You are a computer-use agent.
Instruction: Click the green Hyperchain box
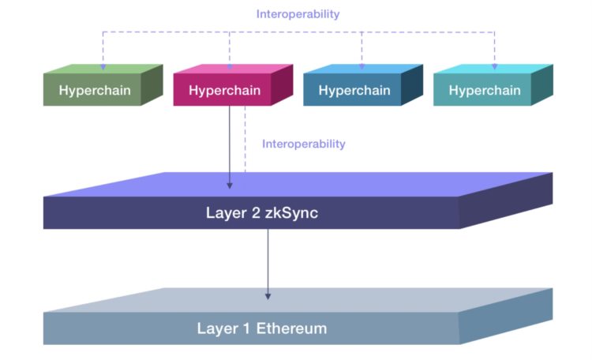(96, 90)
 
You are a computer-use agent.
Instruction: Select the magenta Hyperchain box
(224, 90)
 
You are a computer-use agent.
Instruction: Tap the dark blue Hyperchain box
(354, 90)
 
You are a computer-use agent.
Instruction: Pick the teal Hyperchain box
(485, 90)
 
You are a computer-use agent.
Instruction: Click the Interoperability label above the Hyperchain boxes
(298, 14)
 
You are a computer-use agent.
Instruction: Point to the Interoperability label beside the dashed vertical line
(304, 144)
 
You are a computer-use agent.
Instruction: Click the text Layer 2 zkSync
(251, 212)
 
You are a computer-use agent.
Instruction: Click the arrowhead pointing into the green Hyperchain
(103, 67)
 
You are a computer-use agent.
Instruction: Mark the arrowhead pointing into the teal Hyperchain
(496, 67)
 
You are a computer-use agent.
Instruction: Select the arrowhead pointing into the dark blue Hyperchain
(362, 67)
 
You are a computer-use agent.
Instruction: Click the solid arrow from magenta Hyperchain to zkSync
(230, 146)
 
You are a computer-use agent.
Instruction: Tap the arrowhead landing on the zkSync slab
(230, 185)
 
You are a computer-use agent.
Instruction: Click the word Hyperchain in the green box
(94, 91)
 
